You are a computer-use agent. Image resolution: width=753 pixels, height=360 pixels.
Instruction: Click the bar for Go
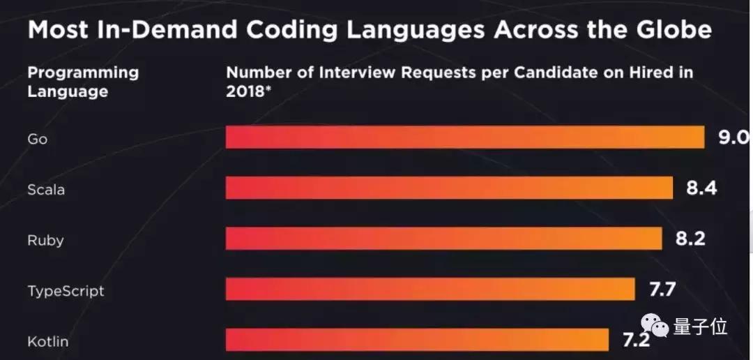pyautogui.click(x=465, y=137)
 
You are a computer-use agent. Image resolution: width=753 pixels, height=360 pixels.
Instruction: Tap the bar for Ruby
pyautogui.click(x=443, y=239)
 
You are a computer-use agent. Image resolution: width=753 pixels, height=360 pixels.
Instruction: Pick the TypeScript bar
pyautogui.click(x=430, y=290)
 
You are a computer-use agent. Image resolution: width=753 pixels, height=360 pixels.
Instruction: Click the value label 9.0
pyautogui.click(x=734, y=137)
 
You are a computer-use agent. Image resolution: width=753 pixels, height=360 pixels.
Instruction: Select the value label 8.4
pyautogui.click(x=701, y=188)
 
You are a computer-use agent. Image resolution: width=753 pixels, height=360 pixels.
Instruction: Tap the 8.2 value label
pyautogui.click(x=690, y=239)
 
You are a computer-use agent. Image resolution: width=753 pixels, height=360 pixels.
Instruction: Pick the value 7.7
pyautogui.click(x=662, y=290)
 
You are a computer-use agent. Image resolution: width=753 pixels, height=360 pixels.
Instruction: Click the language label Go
pyautogui.click(x=37, y=139)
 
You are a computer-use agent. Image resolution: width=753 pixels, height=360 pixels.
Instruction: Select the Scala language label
pyautogui.click(x=46, y=189)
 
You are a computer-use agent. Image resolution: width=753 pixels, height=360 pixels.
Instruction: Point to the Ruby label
pyautogui.click(x=45, y=241)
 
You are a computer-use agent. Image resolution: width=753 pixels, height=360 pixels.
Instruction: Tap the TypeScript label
pyautogui.click(x=66, y=291)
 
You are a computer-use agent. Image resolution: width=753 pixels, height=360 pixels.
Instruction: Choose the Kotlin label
pyautogui.click(x=47, y=342)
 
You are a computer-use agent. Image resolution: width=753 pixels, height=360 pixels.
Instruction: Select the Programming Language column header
pyautogui.click(x=83, y=82)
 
